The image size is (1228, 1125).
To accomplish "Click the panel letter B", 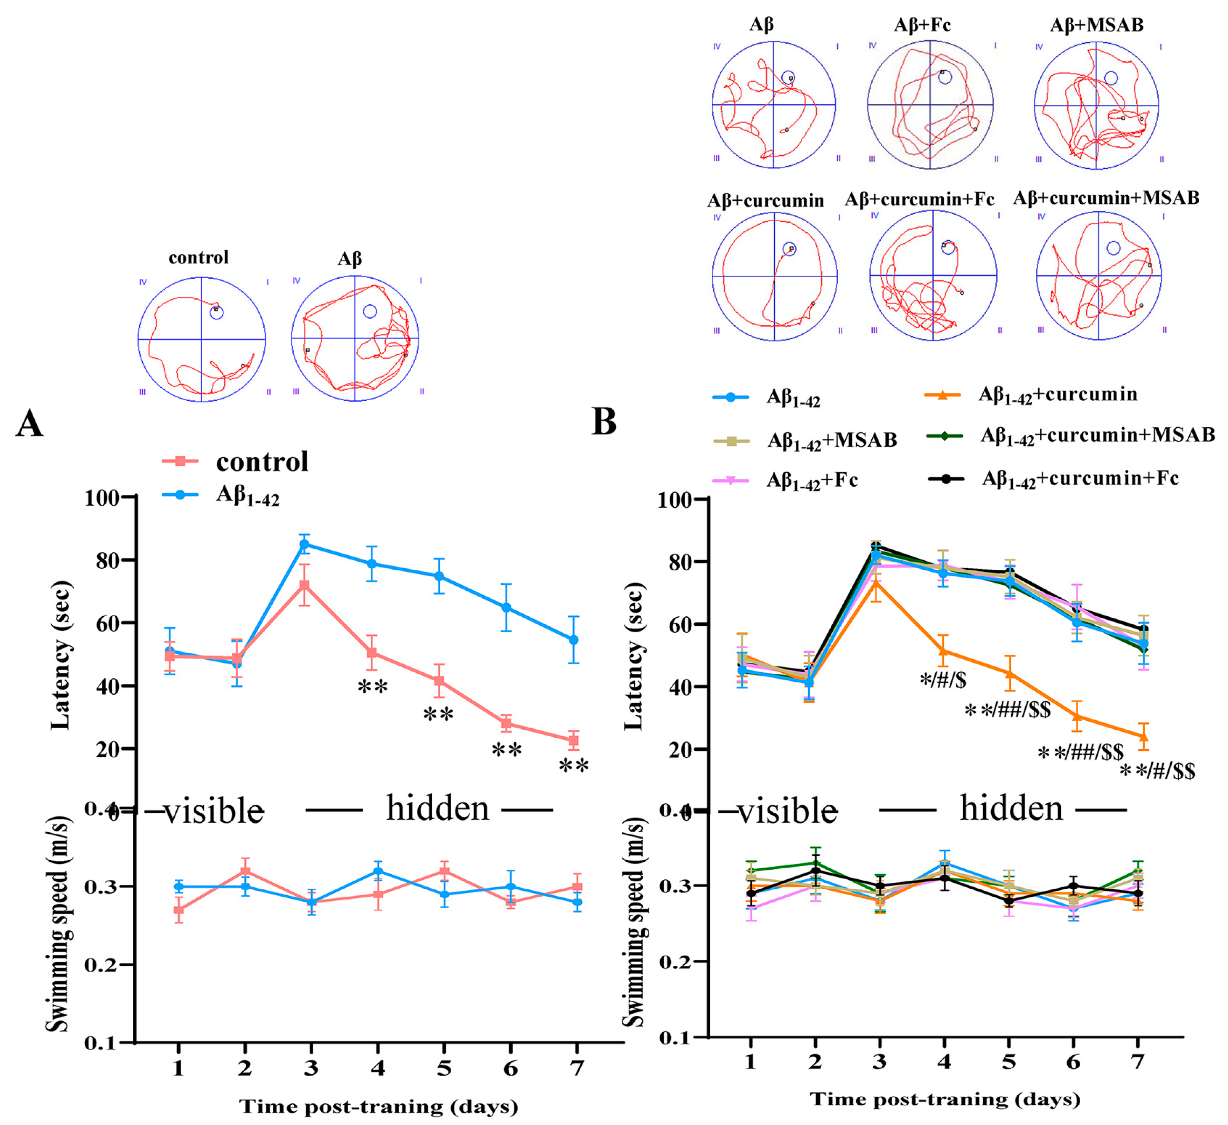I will pyautogui.click(x=603, y=421).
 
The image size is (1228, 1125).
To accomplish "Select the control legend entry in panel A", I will pyautogui.click(x=262, y=461).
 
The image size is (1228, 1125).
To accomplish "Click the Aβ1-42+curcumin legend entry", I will pyautogui.click(x=1058, y=395).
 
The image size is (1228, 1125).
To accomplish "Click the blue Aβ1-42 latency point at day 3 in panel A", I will pyautogui.click(x=305, y=544).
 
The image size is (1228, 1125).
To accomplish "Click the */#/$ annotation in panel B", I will pyautogui.click(x=943, y=680).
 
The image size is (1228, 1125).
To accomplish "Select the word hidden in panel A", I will pyautogui.click(x=437, y=809).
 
